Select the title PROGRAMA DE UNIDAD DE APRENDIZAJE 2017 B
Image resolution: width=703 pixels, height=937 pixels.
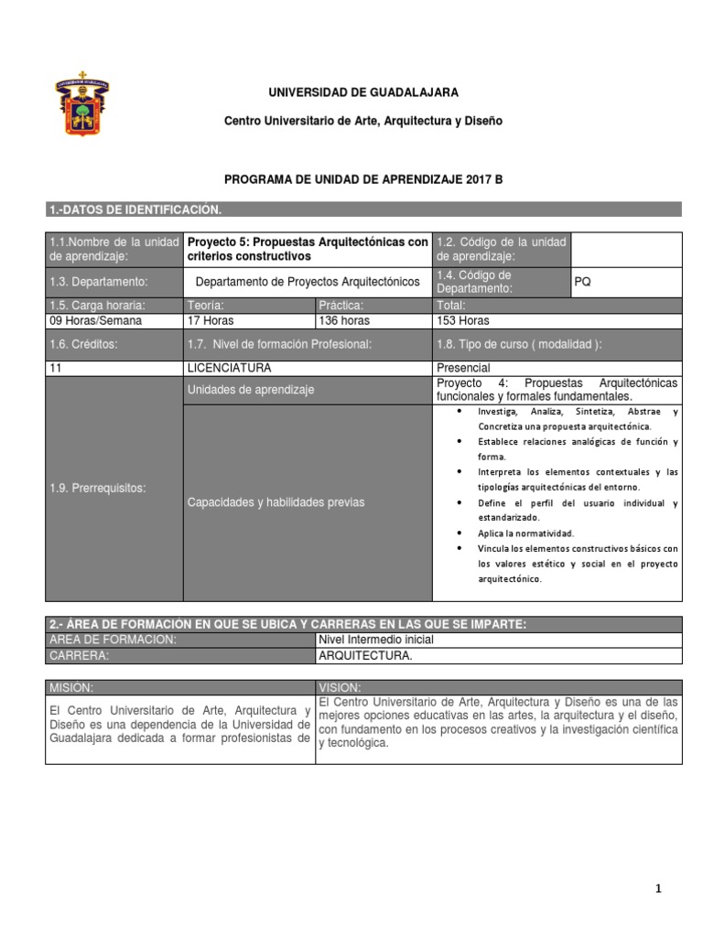click(363, 180)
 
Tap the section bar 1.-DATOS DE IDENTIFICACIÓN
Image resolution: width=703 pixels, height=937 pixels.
click(135, 210)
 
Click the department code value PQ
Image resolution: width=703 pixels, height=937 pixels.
click(582, 282)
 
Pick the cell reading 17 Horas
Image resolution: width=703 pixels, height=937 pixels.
click(210, 321)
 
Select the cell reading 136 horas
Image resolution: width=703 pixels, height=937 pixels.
click(344, 321)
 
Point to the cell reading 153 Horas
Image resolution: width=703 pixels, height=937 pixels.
click(464, 321)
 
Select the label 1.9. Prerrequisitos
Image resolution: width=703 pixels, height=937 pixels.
click(97, 488)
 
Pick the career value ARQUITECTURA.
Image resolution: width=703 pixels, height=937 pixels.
click(365, 656)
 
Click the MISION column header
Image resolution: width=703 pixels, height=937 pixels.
click(72, 687)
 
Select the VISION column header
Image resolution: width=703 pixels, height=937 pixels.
click(340, 687)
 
